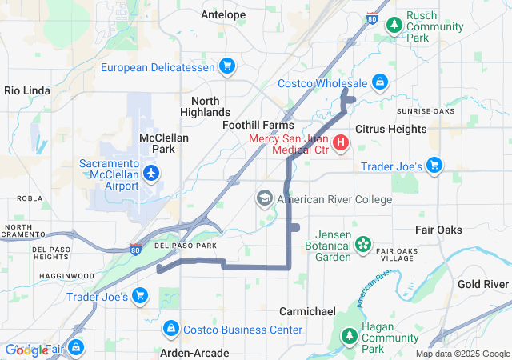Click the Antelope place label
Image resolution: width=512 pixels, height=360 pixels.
(223, 14)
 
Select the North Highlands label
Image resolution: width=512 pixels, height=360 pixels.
(211, 106)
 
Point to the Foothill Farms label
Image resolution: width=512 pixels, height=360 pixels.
(258, 126)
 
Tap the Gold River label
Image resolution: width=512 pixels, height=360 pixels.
(483, 284)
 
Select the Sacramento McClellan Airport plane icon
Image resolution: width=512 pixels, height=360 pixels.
(151, 172)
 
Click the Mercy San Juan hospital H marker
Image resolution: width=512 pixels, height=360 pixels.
(341, 143)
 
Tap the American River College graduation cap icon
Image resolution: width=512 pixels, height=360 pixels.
(265, 198)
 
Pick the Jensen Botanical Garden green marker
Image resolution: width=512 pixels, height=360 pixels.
(363, 243)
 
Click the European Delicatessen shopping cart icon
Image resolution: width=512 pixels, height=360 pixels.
(227, 66)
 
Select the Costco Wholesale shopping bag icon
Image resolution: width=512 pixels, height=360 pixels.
(380, 82)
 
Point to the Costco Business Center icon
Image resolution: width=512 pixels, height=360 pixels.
(170, 329)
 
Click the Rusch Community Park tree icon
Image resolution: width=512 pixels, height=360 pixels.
(394, 25)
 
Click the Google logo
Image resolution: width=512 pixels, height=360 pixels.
(26, 350)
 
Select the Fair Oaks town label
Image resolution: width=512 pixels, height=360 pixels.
(438, 230)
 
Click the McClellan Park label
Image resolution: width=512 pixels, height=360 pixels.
(164, 143)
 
